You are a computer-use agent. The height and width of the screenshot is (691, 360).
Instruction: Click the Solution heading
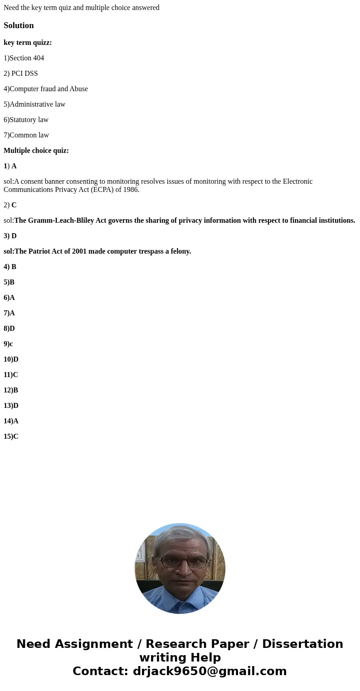click(19, 25)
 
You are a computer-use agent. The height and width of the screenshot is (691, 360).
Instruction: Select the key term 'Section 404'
click(24, 58)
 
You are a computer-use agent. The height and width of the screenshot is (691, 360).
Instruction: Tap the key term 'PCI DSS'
click(21, 74)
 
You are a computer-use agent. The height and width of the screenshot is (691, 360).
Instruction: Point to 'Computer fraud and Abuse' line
click(46, 89)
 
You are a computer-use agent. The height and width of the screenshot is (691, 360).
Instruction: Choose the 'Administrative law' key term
click(34, 104)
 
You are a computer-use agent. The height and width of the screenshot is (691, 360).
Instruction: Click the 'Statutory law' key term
click(26, 120)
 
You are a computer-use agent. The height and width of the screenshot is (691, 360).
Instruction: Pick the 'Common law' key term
click(26, 135)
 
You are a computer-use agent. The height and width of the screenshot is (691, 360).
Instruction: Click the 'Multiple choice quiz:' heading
click(36, 151)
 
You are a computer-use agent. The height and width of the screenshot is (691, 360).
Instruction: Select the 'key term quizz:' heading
click(28, 43)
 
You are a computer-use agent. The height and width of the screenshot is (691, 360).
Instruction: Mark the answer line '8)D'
click(9, 328)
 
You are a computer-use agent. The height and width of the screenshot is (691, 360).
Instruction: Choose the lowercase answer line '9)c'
click(8, 344)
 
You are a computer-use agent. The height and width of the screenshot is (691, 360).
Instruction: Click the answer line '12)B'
click(11, 390)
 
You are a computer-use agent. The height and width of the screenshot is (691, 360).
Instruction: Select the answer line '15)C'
click(11, 436)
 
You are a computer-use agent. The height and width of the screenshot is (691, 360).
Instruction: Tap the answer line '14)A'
click(11, 421)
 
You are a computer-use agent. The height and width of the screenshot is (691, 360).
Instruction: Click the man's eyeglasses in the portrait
click(180, 562)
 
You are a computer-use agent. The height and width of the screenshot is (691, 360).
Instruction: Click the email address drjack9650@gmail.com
click(209, 671)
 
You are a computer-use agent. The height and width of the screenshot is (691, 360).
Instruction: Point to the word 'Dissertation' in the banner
click(302, 644)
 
